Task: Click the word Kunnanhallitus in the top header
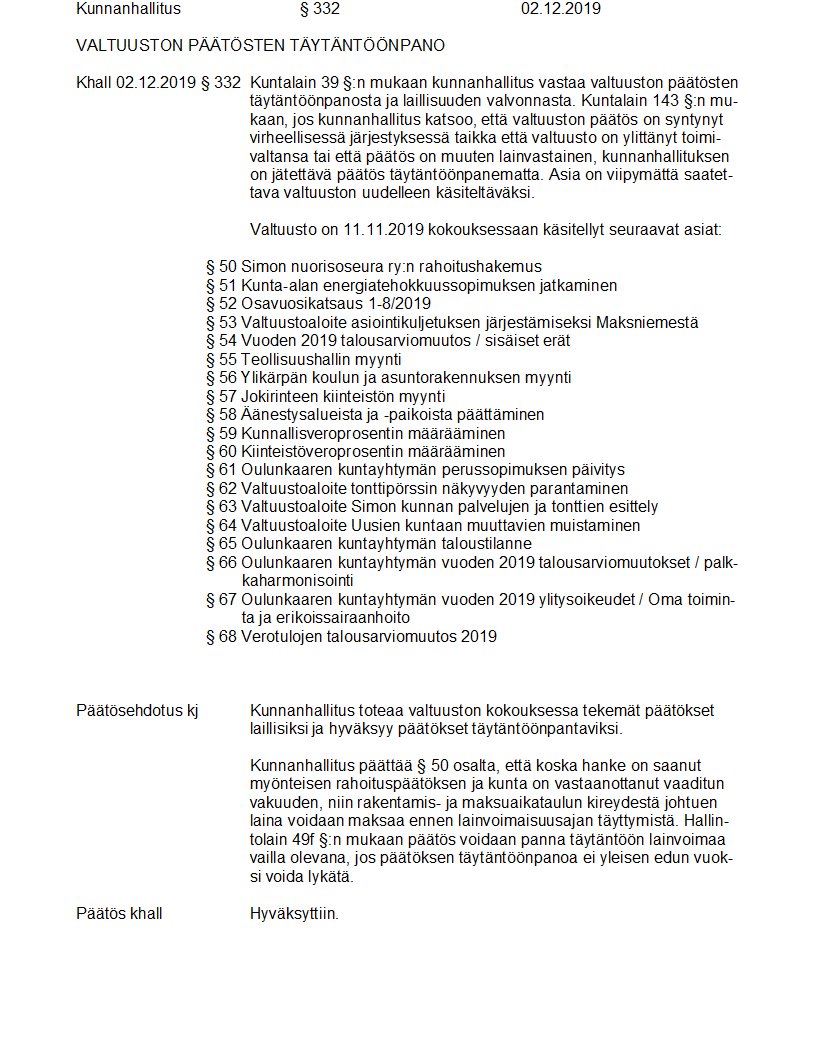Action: pos(128,9)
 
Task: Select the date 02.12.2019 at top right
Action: pos(560,9)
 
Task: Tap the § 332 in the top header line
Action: pos(320,9)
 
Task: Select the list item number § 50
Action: pos(221,267)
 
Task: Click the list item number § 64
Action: pos(221,526)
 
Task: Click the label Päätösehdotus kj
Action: pos(137,711)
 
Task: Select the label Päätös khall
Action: pos(119,914)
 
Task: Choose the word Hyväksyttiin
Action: pos(294,914)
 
